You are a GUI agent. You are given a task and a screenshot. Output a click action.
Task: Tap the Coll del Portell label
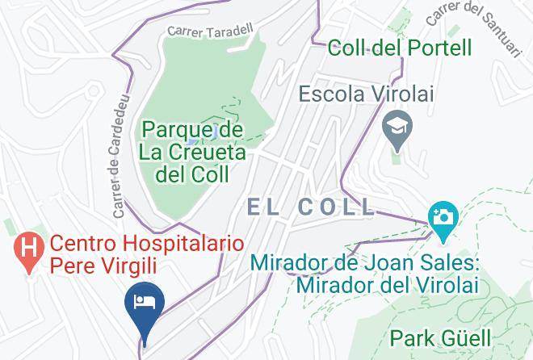point(400,48)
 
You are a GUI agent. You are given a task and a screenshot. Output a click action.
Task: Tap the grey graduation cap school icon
point(398,127)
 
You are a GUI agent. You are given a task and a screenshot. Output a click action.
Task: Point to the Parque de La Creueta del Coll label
point(192,151)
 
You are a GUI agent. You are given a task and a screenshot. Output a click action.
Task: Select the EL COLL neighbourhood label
point(311,207)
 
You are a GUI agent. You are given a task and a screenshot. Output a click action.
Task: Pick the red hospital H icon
point(28,245)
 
